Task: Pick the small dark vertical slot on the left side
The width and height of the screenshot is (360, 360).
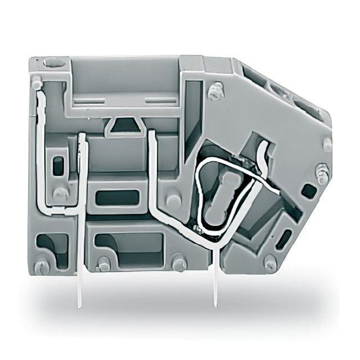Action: tap(56, 165)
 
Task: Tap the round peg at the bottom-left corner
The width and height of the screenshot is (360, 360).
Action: tap(41, 267)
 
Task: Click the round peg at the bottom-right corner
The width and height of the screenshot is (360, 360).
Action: tap(271, 263)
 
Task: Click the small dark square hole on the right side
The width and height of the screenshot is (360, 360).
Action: tap(309, 190)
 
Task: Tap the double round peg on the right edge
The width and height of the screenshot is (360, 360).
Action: tap(322, 173)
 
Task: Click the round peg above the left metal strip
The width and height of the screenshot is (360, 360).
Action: tap(37, 83)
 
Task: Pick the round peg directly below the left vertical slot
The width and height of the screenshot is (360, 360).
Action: tap(59, 194)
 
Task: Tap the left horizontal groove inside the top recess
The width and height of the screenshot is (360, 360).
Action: tap(90, 102)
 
